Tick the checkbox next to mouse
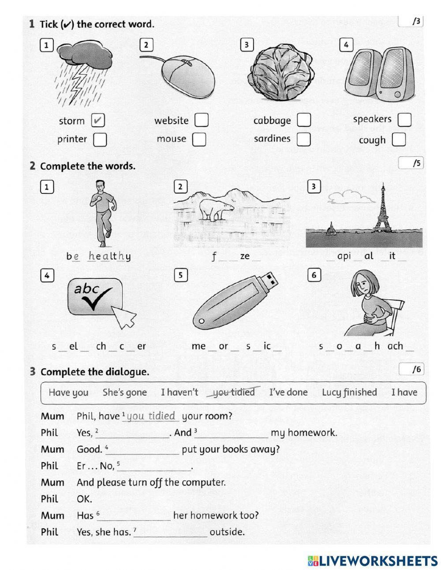[x=199, y=139]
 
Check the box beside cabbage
[x=303, y=120]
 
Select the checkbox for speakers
[x=404, y=119]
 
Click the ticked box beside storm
[x=98, y=121]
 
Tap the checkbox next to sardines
[x=303, y=139]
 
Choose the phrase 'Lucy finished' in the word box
[x=349, y=392]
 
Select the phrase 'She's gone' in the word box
[x=125, y=393]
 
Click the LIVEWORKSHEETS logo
[x=373, y=561]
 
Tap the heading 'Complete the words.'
[x=87, y=166]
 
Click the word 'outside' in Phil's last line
[x=227, y=532]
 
